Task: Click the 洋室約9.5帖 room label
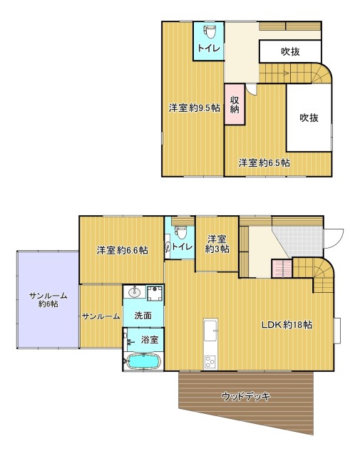coord(193,108)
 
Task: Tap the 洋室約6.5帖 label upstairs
coord(264,162)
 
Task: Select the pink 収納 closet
coord(235,105)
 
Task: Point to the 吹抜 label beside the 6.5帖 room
coord(308,118)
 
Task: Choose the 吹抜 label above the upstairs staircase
coord(289,51)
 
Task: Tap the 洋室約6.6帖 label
coord(122,250)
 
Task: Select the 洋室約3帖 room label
coord(217,244)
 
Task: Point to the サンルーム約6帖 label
coord(44,299)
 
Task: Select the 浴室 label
coord(149,340)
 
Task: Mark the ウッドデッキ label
coord(245,396)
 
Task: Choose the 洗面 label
coord(143,314)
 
